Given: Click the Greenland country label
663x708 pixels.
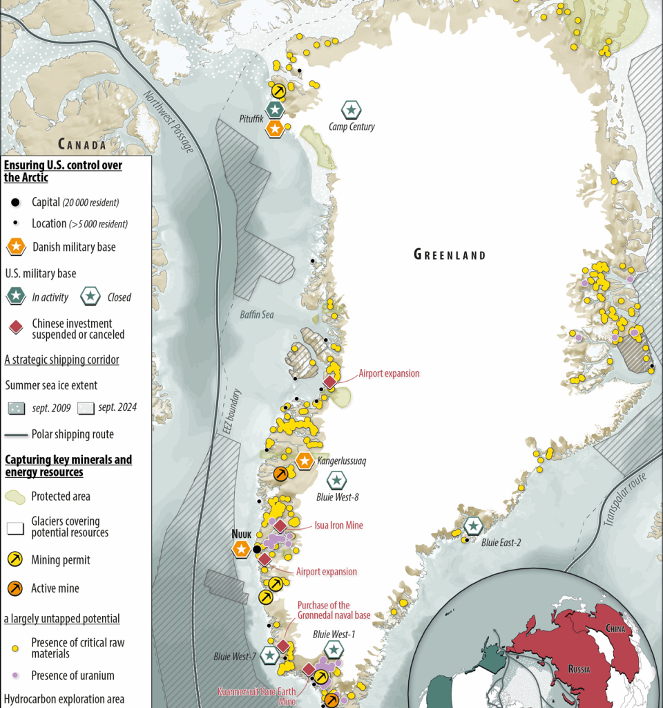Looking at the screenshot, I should click(450, 254).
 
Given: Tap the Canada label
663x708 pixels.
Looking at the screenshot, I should click(82, 144).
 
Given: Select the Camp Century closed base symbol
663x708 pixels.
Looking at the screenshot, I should click(352, 109).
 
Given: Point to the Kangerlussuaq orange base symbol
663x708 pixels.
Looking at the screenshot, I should click(304, 460).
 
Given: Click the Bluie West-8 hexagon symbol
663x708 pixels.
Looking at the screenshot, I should click(336, 480).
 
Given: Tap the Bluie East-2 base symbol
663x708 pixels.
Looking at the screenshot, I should click(473, 526).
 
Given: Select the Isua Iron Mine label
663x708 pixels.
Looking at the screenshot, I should click(338, 525).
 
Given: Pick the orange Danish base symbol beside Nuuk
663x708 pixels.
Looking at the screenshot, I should click(241, 549).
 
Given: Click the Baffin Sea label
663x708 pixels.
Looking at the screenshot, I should click(257, 315).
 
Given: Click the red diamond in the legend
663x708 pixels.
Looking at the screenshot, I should click(15, 328).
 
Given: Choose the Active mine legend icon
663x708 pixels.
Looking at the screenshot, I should click(15, 588).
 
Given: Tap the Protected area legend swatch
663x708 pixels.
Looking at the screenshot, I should click(15, 496).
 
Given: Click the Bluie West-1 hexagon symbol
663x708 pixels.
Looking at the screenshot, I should click(334, 649).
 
